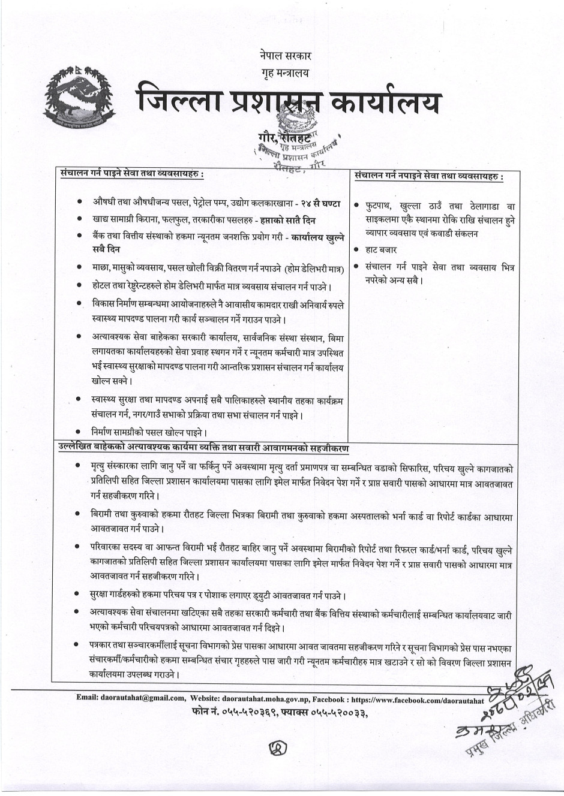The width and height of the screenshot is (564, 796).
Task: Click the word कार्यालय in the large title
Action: (x=383, y=103)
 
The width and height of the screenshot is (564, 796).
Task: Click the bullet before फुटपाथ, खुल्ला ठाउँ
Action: (x=357, y=206)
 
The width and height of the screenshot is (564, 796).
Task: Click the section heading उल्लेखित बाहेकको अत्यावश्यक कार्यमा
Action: (x=204, y=448)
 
